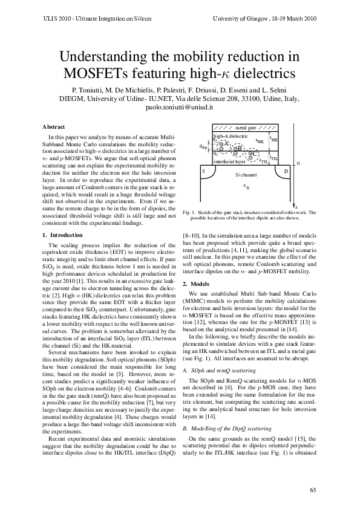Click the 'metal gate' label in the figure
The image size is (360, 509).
point(246,128)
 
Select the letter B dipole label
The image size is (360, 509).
point(239,148)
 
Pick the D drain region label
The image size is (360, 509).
point(286,171)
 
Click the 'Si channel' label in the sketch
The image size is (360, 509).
point(246,175)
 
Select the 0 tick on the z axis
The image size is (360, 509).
point(298,164)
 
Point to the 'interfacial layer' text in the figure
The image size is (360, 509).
point(229,162)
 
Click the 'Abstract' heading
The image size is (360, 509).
point(53,126)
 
